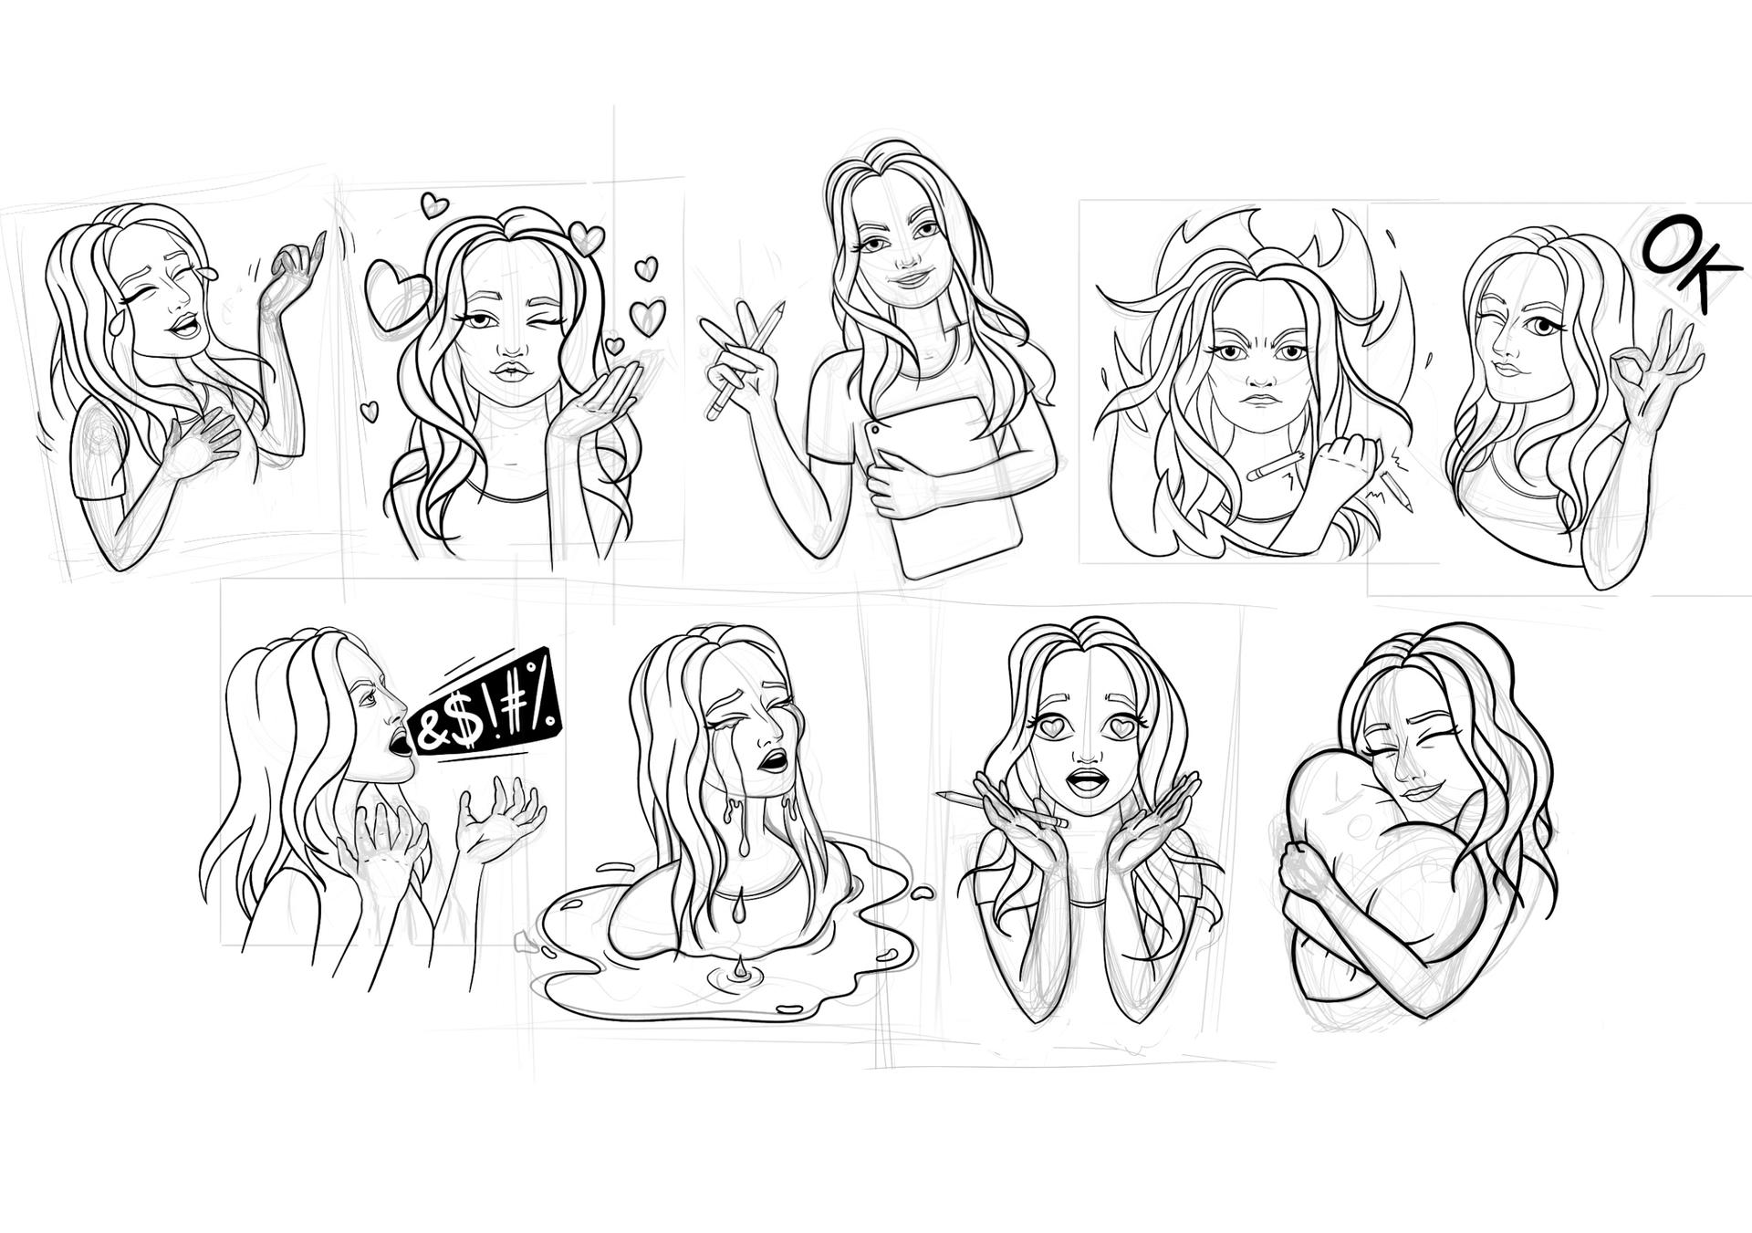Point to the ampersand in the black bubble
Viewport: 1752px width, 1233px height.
[x=429, y=732]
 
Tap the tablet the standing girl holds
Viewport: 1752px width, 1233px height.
[x=944, y=484]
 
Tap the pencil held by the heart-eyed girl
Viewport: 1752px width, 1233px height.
[x=1002, y=809]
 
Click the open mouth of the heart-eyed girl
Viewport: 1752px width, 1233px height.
[x=1087, y=780]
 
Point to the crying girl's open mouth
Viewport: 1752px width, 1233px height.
[x=774, y=760]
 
